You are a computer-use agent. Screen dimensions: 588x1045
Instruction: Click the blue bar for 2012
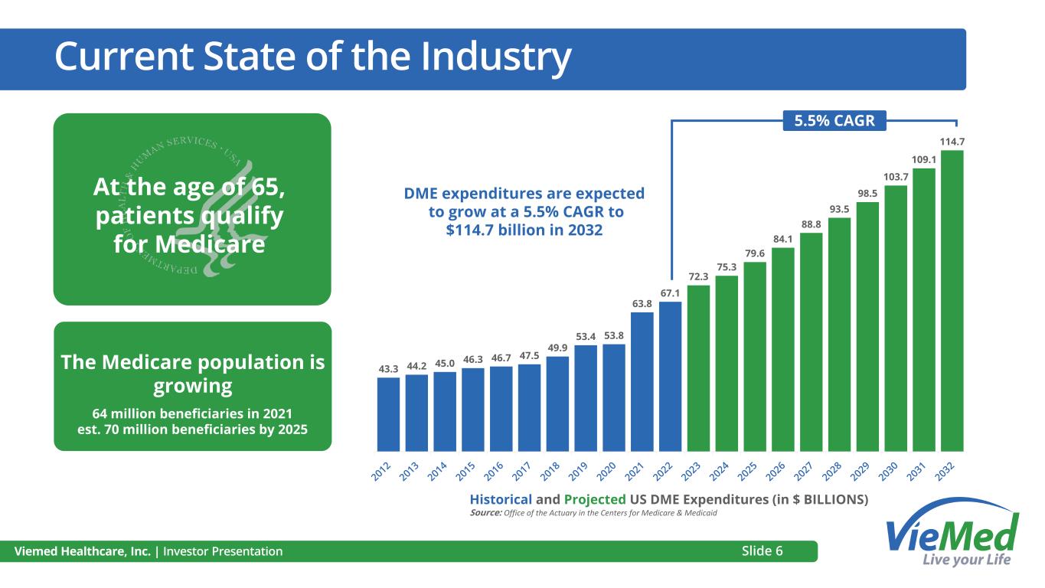tap(388, 414)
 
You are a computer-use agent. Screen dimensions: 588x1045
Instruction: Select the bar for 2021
tap(642, 381)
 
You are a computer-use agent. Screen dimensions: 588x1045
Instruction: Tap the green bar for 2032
tap(952, 300)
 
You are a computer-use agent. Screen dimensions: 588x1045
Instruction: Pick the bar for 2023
tap(698, 367)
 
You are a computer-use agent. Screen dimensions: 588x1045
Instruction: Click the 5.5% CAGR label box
tap(834, 120)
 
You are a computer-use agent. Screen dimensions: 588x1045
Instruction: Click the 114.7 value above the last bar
tap(952, 142)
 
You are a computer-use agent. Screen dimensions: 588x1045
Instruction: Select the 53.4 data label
tap(585, 337)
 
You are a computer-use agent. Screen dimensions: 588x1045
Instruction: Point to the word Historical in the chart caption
tap(500, 499)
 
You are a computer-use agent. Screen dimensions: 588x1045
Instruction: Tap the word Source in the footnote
tap(485, 513)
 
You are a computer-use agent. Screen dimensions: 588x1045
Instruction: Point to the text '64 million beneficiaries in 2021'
tap(192, 413)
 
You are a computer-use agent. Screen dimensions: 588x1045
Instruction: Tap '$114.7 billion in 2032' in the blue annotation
tap(524, 229)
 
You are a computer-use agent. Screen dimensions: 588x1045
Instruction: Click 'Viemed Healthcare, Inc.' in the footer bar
tap(81, 551)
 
